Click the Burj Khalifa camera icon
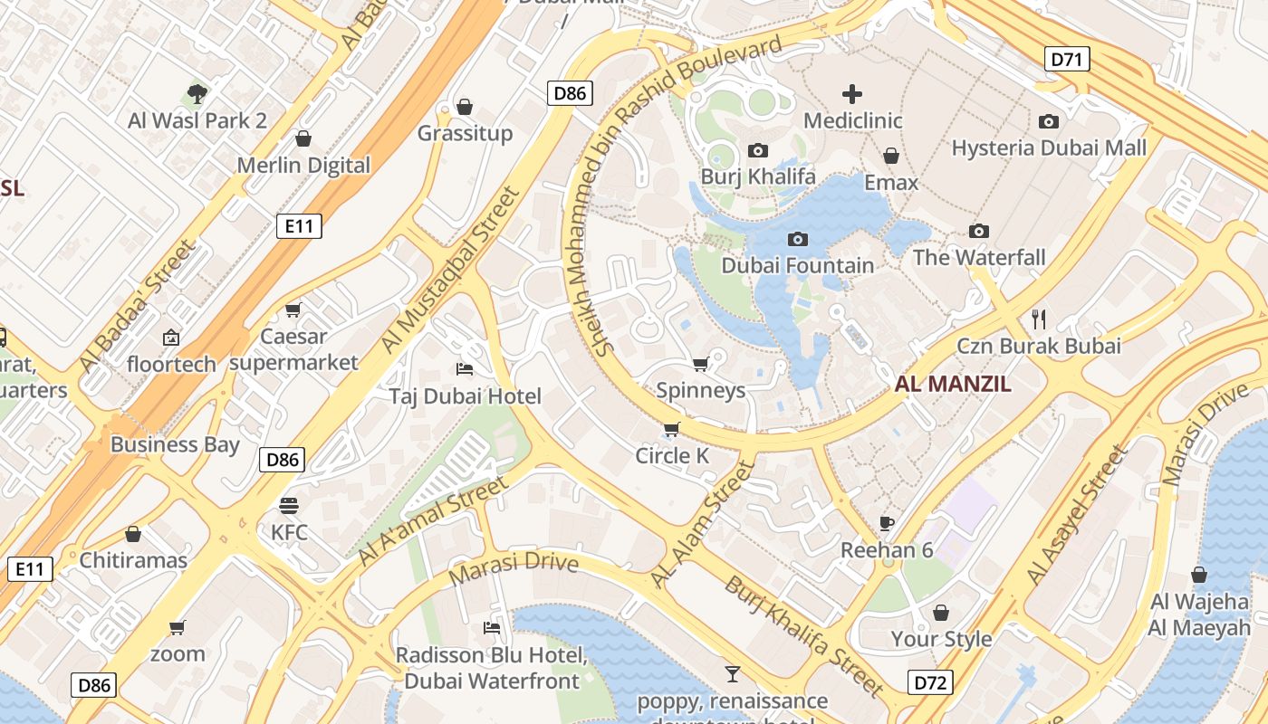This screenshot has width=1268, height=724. pyautogui.click(x=758, y=150)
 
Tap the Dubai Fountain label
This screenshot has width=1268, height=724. pyautogui.click(x=797, y=265)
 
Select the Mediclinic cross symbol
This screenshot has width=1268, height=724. pyautogui.click(x=851, y=94)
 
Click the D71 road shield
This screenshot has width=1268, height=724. pyautogui.click(x=1067, y=60)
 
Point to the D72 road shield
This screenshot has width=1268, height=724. pyautogui.click(x=930, y=681)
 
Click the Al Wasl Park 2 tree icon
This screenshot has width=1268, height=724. pyautogui.click(x=197, y=92)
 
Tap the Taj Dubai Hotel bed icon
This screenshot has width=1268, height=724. pyautogui.click(x=465, y=368)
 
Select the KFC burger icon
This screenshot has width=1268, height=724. pyautogui.click(x=289, y=505)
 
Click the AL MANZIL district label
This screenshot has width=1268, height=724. pyautogui.click(x=953, y=384)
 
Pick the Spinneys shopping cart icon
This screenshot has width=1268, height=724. pyautogui.click(x=700, y=364)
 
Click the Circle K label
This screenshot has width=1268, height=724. pyautogui.click(x=672, y=455)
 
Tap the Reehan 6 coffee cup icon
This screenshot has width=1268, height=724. pyautogui.click(x=887, y=523)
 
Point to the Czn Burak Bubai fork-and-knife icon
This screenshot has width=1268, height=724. pyautogui.click(x=1039, y=319)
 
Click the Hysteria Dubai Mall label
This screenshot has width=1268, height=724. pyautogui.click(x=1049, y=148)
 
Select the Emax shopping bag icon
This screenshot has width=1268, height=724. pyautogui.click(x=891, y=156)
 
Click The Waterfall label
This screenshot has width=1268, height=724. pyautogui.click(x=978, y=257)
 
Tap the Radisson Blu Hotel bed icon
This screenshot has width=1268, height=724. pyautogui.click(x=492, y=627)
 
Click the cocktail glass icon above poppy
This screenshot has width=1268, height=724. pyautogui.click(x=732, y=673)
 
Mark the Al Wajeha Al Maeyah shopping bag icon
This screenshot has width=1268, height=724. pyautogui.click(x=1199, y=575)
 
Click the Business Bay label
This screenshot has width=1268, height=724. pyautogui.click(x=175, y=444)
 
